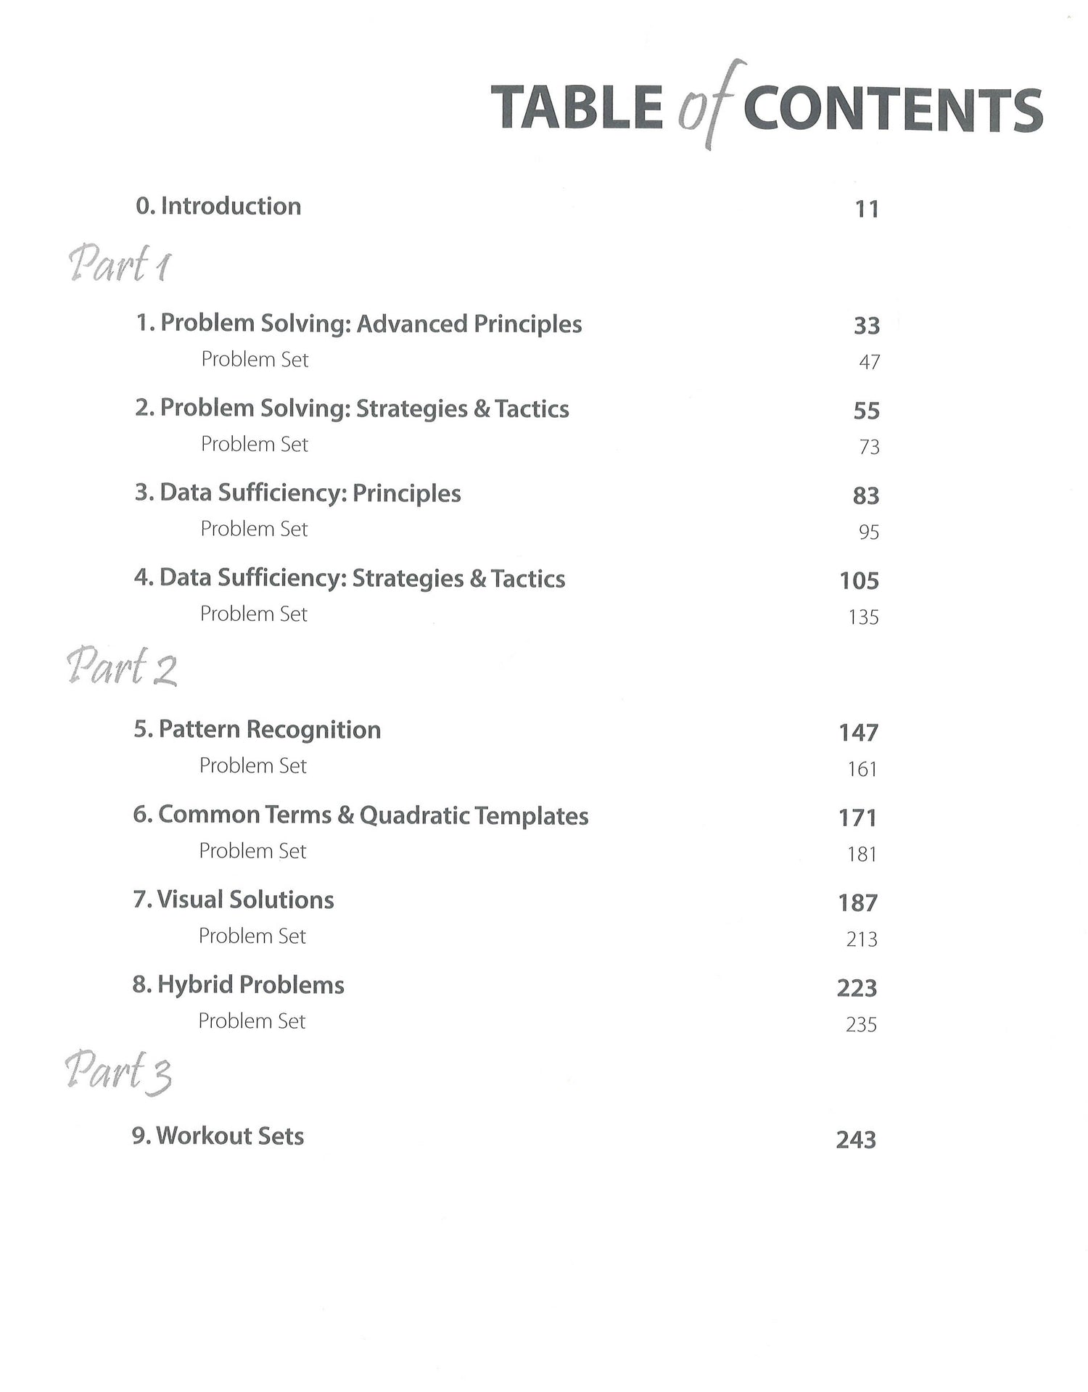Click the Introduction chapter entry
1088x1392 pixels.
pyautogui.click(x=218, y=206)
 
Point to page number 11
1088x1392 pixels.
pyautogui.click(x=867, y=209)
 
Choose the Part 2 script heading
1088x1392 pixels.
pyautogui.click(x=122, y=667)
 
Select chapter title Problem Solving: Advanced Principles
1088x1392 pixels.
pyautogui.click(x=359, y=324)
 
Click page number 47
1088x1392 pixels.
pyautogui.click(x=869, y=361)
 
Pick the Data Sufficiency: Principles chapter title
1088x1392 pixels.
pyautogui.click(x=297, y=493)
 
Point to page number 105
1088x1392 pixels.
pyautogui.click(x=860, y=580)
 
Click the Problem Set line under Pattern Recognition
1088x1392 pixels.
pyautogui.click(x=253, y=765)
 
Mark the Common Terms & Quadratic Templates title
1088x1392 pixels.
pyautogui.click(x=360, y=815)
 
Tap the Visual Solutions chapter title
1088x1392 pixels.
pyautogui.click(x=234, y=900)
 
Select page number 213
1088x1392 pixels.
pyautogui.click(x=862, y=939)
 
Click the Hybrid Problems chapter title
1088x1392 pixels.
pyautogui.click(x=239, y=985)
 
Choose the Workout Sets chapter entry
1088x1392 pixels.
pyautogui.click(x=218, y=1136)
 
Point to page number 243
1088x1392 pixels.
pyautogui.click(x=856, y=1140)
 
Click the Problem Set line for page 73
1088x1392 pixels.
pyautogui.click(x=255, y=444)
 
